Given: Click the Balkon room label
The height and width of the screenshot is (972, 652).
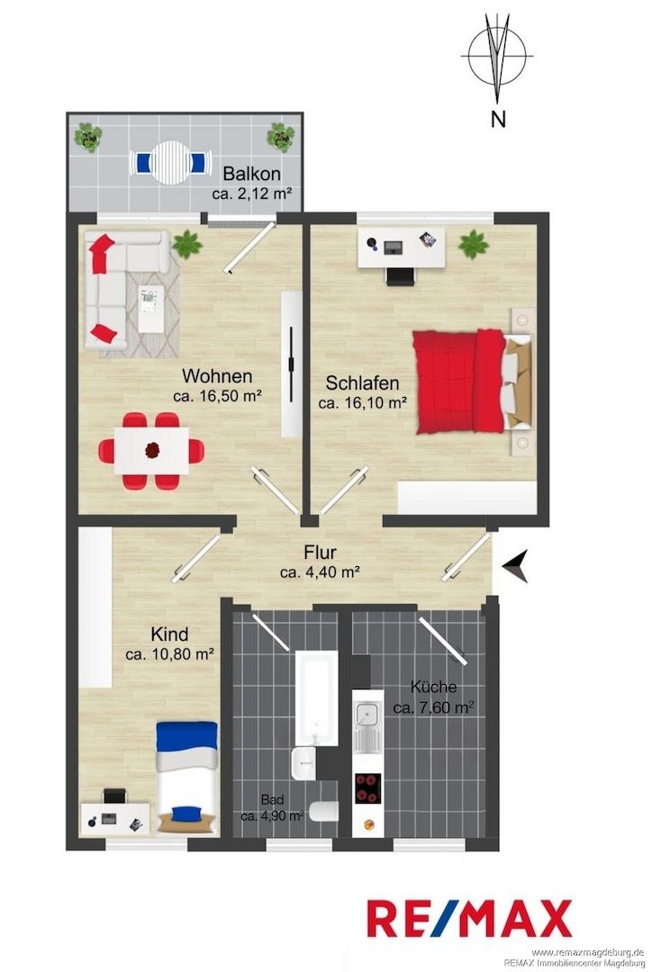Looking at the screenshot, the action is pyautogui.click(x=252, y=174).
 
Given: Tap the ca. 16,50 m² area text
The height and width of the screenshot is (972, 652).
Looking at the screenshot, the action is pyautogui.click(x=216, y=396).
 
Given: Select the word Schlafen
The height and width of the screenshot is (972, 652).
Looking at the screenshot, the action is pyautogui.click(x=362, y=382).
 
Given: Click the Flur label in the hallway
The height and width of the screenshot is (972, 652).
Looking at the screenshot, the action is pyautogui.click(x=320, y=552).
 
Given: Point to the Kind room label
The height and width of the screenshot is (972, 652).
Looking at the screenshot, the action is pyautogui.click(x=170, y=634).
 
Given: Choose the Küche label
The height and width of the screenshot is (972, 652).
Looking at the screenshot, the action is pyautogui.click(x=434, y=687).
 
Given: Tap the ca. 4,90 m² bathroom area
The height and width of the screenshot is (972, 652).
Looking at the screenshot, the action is pyautogui.click(x=272, y=815).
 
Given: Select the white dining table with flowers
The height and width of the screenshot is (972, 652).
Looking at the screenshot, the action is pyautogui.click(x=152, y=450).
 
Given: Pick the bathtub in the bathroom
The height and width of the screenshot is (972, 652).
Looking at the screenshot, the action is pyautogui.click(x=316, y=697).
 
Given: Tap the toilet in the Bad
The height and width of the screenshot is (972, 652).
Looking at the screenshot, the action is pyautogui.click(x=324, y=812).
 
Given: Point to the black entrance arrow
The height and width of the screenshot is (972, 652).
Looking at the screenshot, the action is pyautogui.click(x=515, y=567).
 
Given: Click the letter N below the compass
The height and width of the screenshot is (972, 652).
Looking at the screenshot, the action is pyautogui.click(x=497, y=119).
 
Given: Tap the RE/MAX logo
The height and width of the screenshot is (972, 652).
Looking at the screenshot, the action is pyautogui.click(x=469, y=918).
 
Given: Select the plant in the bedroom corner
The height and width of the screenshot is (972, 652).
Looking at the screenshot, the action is pyautogui.click(x=474, y=244).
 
